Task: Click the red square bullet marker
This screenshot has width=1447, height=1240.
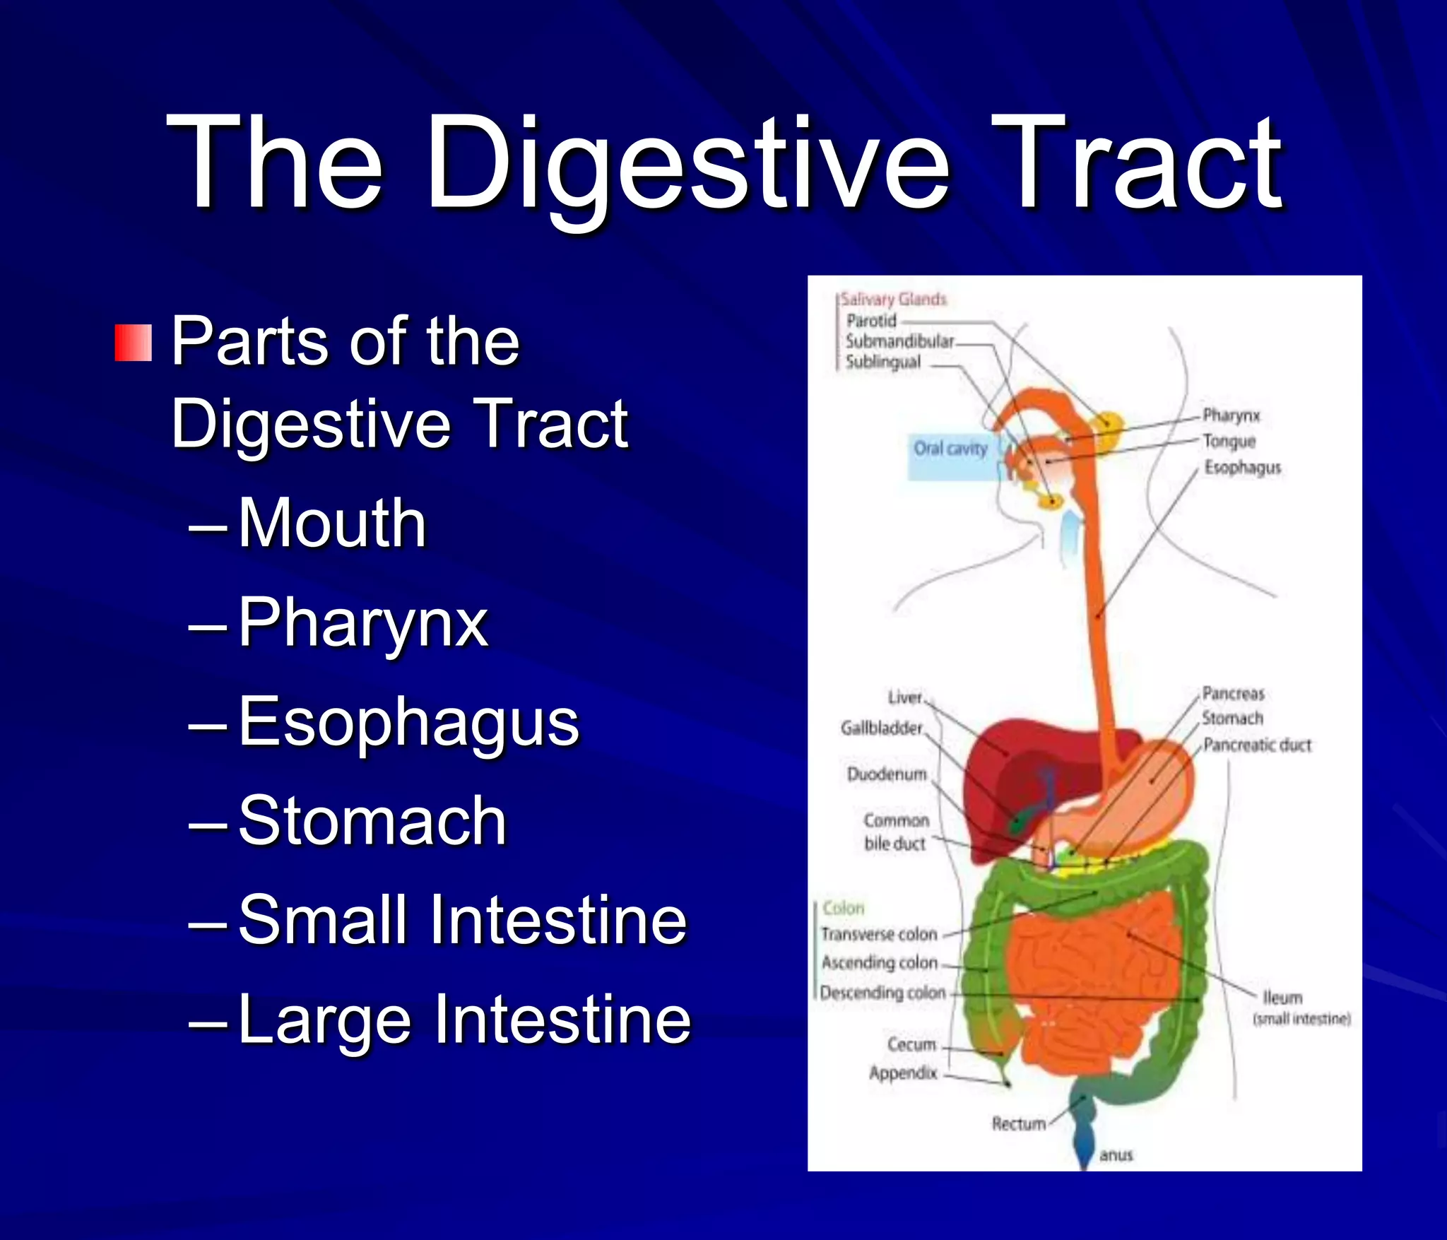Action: (133, 343)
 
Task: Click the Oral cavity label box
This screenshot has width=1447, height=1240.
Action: (950, 449)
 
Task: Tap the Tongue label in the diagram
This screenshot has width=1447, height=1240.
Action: (1229, 442)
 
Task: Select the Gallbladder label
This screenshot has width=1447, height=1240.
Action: (882, 728)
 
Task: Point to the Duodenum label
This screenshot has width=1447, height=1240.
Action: (887, 774)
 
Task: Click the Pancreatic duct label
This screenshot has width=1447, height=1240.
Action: (1257, 745)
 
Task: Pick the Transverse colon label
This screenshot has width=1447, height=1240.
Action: (879, 934)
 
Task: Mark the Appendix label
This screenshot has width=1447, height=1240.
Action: (903, 1073)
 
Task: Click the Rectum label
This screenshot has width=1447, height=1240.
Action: (1018, 1123)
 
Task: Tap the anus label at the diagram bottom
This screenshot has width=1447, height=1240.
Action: (1116, 1155)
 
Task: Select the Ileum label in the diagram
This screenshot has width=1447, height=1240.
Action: (1282, 997)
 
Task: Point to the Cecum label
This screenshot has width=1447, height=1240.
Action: (911, 1044)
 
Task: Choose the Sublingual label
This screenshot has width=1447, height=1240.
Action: (883, 362)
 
